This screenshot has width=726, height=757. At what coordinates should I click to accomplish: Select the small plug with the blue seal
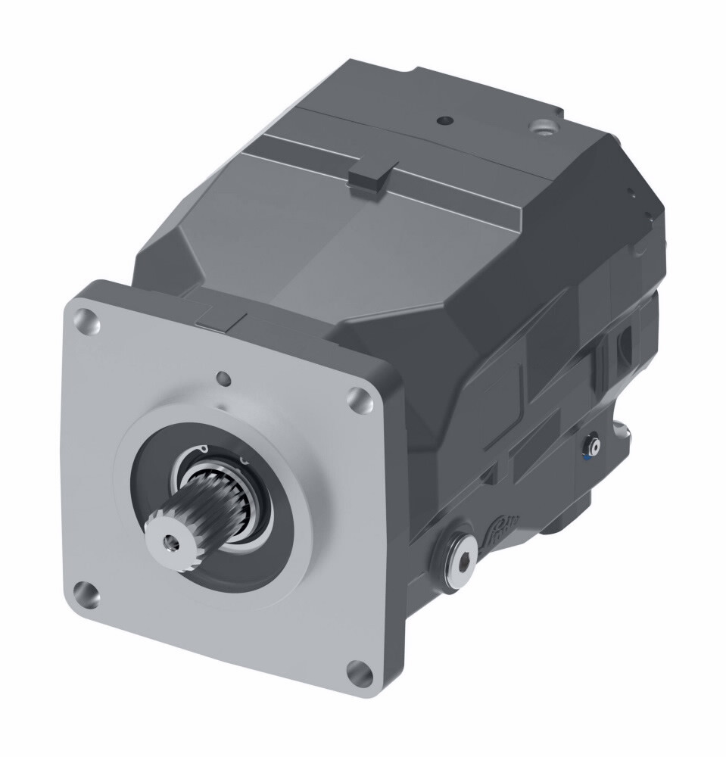tap(593, 447)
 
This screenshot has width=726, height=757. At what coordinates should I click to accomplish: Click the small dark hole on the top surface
tap(444, 120)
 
